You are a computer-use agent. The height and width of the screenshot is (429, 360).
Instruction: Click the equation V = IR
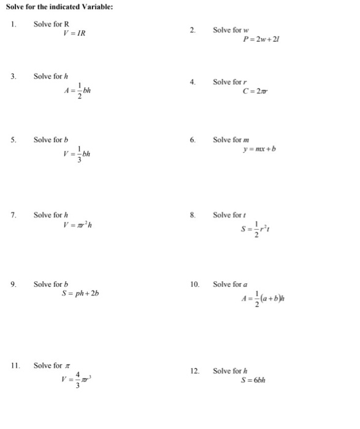pyautogui.click(x=74, y=32)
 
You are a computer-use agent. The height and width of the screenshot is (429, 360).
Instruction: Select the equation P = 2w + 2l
pyautogui.click(x=262, y=40)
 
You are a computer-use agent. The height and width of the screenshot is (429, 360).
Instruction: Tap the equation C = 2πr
pyautogui.click(x=256, y=92)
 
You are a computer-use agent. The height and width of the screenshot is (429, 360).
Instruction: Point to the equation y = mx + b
pyautogui.click(x=259, y=149)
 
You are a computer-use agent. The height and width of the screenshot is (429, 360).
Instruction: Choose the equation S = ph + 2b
pyautogui.click(x=80, y=293)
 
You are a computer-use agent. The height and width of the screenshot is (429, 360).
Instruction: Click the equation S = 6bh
pyautogui.click(x=255, y=379)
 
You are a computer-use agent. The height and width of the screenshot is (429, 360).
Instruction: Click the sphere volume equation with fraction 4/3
pyautogui.click(x=76, y=380)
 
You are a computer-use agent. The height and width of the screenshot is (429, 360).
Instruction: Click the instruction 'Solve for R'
pyautogui.click(x=52, y=23)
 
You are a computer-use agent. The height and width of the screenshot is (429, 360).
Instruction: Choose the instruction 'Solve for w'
pyautogui.click(x=231, y=31)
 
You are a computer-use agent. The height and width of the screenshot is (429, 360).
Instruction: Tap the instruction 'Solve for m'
pyautogui.click(x=231, y=140)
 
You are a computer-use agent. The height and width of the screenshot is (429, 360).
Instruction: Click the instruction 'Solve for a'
pyautogui.click(x=231, y=284)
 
